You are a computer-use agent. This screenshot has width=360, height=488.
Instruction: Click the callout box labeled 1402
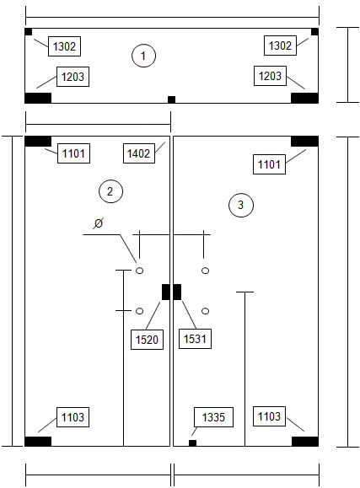(x=139, y=153)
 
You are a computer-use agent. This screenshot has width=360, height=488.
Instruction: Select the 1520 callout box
(x=147, y=340)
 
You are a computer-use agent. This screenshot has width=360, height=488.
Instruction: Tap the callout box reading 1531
(x=195, y=339)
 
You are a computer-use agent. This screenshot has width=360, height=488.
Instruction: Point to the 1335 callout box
(x=213, y=417)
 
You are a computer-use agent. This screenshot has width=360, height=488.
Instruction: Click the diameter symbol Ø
(x=99, y=223)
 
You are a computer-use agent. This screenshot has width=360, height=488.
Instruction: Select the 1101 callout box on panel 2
(x=73, y=153)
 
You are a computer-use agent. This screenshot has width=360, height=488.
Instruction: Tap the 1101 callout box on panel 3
(x=269, y=164)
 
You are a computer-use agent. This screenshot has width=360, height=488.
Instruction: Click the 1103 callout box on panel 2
(x=73, y=417)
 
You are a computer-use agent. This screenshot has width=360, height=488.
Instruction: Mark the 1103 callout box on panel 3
(x=269, y=416)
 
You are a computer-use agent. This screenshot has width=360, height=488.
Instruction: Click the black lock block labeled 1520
(x=166, y=292)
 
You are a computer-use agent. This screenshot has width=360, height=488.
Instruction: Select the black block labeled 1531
(x=177, y=292)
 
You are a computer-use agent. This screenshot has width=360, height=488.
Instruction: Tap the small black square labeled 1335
(x=192, y=442)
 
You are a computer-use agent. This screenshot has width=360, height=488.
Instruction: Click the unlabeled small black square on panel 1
(x=172, y=99)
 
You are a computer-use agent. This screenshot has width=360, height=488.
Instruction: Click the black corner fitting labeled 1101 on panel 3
(x=304, y=142)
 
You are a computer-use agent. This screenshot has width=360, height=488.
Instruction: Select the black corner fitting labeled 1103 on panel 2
(x=38, y=442)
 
